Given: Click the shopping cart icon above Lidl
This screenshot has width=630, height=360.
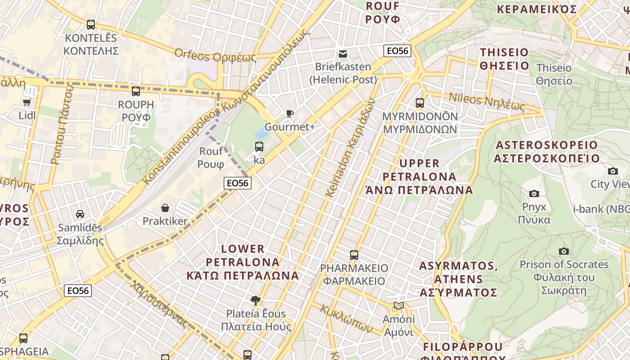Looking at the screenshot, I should point(27,103).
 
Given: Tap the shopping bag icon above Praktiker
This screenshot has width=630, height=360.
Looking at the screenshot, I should point(165,208).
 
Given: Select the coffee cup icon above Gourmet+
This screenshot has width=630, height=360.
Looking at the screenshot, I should point(289,113).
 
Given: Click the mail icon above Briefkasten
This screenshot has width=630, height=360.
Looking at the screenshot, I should point(343,54).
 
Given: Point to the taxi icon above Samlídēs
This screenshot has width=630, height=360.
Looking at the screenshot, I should point(80,214).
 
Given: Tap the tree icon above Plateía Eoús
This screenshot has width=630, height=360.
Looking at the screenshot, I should point(255,300).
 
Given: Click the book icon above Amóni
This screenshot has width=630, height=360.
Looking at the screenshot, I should point(398,306).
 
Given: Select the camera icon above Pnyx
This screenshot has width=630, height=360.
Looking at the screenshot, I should point(534,193).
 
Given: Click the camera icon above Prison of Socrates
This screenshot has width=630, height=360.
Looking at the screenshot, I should point(563,251).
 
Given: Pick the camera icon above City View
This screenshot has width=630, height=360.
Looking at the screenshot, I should point(612,171).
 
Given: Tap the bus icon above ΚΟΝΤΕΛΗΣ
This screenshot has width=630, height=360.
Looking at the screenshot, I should point(91,25).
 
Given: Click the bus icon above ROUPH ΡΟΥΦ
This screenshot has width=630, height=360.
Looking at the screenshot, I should point(135,91).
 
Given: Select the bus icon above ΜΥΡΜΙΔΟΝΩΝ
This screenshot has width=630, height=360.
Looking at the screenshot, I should point(420,103).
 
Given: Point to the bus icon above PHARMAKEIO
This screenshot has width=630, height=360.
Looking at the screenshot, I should point(354,255).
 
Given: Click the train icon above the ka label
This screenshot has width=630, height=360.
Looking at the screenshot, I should point(259,146).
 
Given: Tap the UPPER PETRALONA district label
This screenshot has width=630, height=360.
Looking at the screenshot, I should point(419,176).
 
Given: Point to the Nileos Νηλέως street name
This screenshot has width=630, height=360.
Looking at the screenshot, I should point(486,102).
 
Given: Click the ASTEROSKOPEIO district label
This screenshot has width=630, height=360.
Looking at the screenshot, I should point(547,152).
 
